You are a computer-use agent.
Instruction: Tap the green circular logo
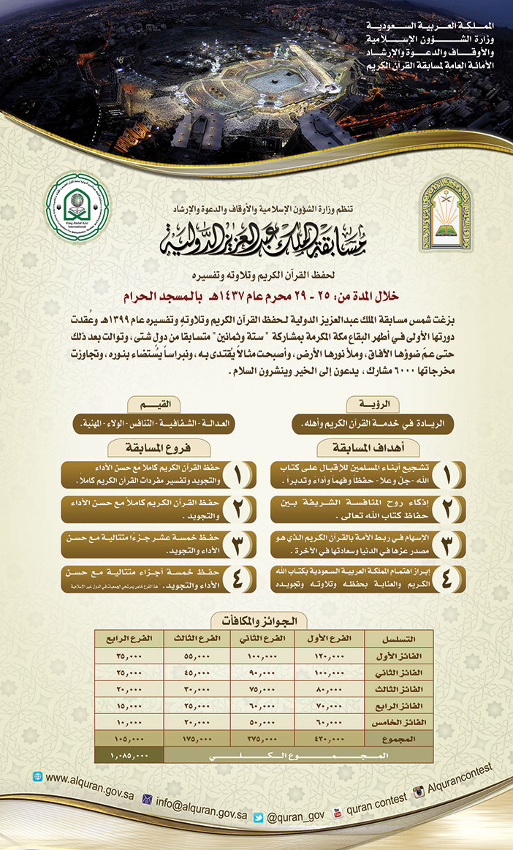(77, 206)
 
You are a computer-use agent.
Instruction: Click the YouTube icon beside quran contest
(338, 812)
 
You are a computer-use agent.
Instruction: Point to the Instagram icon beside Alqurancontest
(420, 793)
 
